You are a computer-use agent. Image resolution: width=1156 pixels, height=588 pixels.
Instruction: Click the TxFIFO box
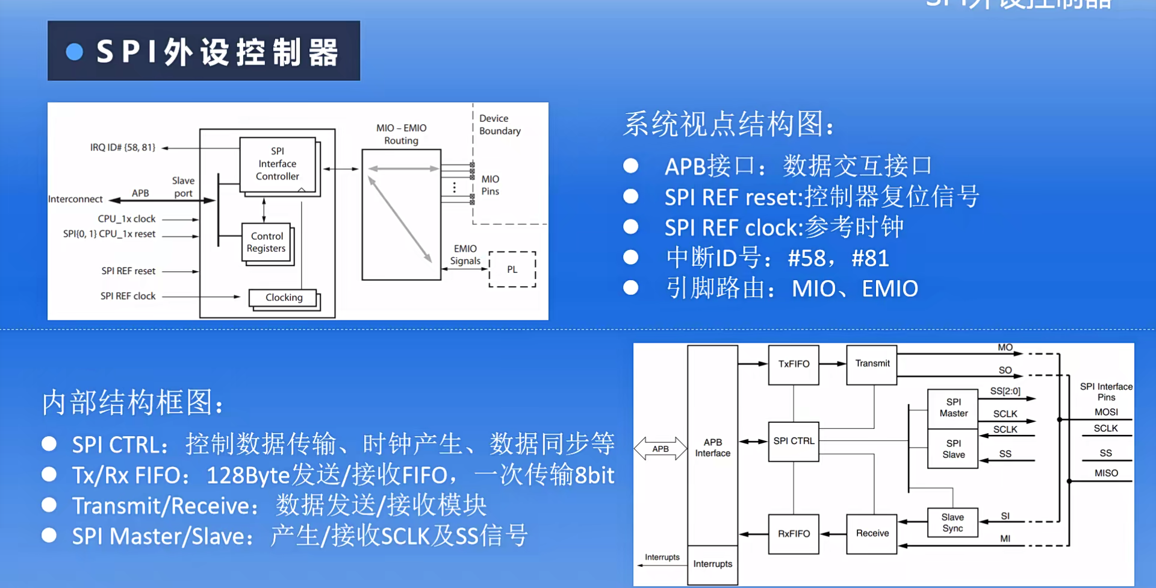click(x=794, y=364)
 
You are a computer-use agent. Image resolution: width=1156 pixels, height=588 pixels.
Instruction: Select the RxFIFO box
click(x=794, y=534)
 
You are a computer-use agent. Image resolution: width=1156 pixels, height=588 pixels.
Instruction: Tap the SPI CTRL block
click(x=794, y=441)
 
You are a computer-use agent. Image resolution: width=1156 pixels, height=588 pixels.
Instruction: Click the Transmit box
click(x=872, y=364)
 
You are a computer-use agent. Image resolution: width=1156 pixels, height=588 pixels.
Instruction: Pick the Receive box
click(x=872, y=534)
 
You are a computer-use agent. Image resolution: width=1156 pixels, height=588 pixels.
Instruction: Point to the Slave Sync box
click(x=952, y=523)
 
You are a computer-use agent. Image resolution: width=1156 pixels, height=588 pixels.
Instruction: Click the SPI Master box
click(x=953, y=408)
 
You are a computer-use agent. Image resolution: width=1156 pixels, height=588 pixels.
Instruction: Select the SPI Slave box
click(x=953, y=449)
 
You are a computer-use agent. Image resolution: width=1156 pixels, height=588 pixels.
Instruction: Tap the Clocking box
click(x=284, y=298)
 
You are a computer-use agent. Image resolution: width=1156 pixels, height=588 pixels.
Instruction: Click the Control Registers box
click(x=267, y=242)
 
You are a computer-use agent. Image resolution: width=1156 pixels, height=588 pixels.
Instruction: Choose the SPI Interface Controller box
click(x=278, y=164)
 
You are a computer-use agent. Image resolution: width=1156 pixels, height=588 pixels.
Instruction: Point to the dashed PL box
click(x=512, y=269)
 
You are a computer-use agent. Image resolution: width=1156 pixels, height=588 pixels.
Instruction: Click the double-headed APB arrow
click(x=660, y=449)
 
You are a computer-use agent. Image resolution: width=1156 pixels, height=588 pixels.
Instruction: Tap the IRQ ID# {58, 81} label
click(x=123, y=148)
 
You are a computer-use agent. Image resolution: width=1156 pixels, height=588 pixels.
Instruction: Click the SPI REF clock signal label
click(x=128, y=296)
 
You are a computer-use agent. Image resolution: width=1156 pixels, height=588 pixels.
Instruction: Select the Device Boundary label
click(x=500, y=125)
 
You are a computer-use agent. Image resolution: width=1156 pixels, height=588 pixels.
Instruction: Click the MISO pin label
click(x=1106, y=474)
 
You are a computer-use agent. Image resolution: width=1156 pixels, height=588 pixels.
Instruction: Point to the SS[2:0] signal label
click(x=1005, y=392)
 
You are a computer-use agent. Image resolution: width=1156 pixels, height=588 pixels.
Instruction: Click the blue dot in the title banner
click(x=75, y=52)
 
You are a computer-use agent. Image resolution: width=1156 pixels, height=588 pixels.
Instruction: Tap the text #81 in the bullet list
click(x=870, y=258)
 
